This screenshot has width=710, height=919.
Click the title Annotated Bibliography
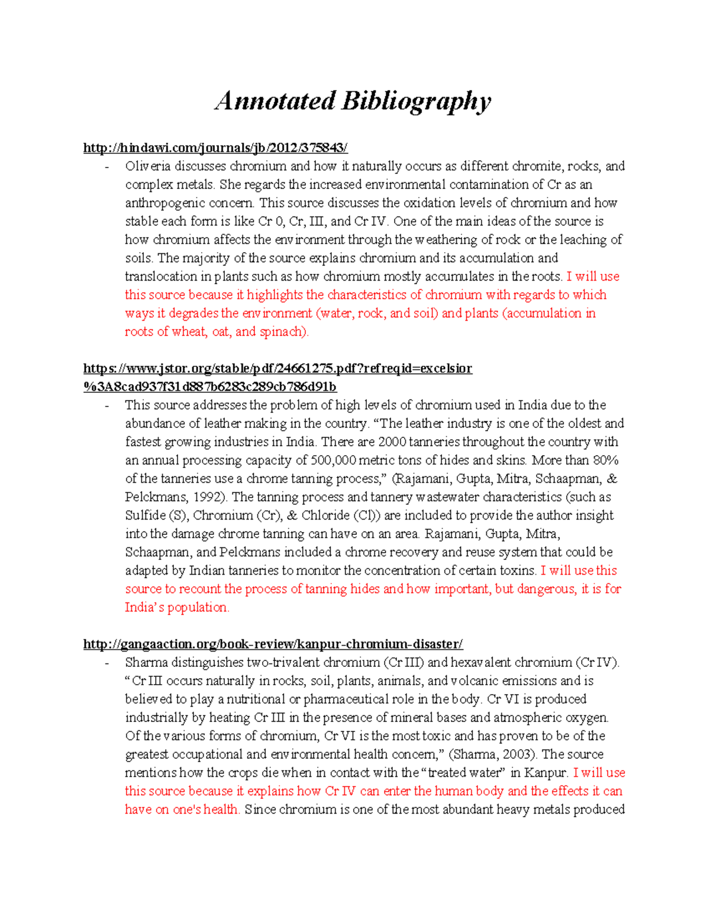353,101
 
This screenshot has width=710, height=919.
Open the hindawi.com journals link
215,147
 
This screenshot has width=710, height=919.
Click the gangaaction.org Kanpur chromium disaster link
273,644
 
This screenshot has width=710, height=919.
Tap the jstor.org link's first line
277,369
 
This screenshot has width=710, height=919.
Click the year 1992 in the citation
209,497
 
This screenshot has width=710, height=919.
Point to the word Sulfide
145,515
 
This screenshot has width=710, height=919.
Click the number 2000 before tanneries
392,442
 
